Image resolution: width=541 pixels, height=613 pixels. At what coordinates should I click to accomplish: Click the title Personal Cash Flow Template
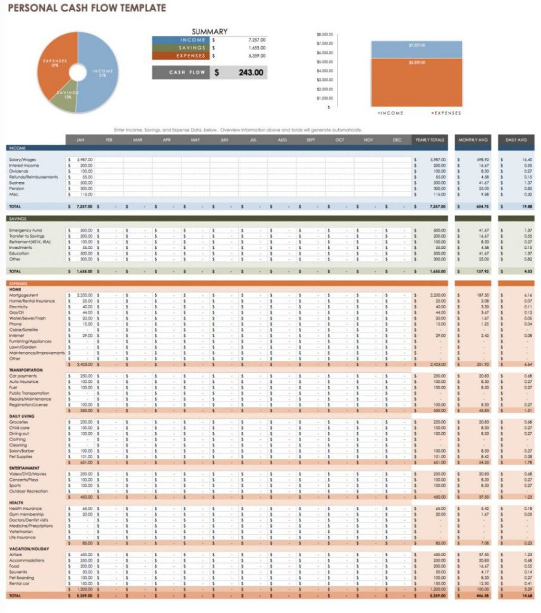[87, 8]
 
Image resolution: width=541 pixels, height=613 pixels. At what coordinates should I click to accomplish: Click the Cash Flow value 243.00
[250, 73]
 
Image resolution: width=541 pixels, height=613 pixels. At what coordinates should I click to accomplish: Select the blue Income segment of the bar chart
[416, 49]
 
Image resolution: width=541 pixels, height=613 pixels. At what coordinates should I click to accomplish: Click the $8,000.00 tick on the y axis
[324, 34]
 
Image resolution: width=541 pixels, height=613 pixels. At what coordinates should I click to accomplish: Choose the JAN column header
[80, 140]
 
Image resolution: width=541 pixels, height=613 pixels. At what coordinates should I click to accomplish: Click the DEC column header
[396, 140]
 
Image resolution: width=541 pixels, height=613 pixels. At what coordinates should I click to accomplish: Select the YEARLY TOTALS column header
[430, 140]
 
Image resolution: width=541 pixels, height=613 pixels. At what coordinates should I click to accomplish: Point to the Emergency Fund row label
[26, 230]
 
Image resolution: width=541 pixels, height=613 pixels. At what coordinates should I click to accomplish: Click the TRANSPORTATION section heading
[26, 370]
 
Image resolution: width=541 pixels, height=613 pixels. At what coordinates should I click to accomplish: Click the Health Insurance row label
[25, 508]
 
